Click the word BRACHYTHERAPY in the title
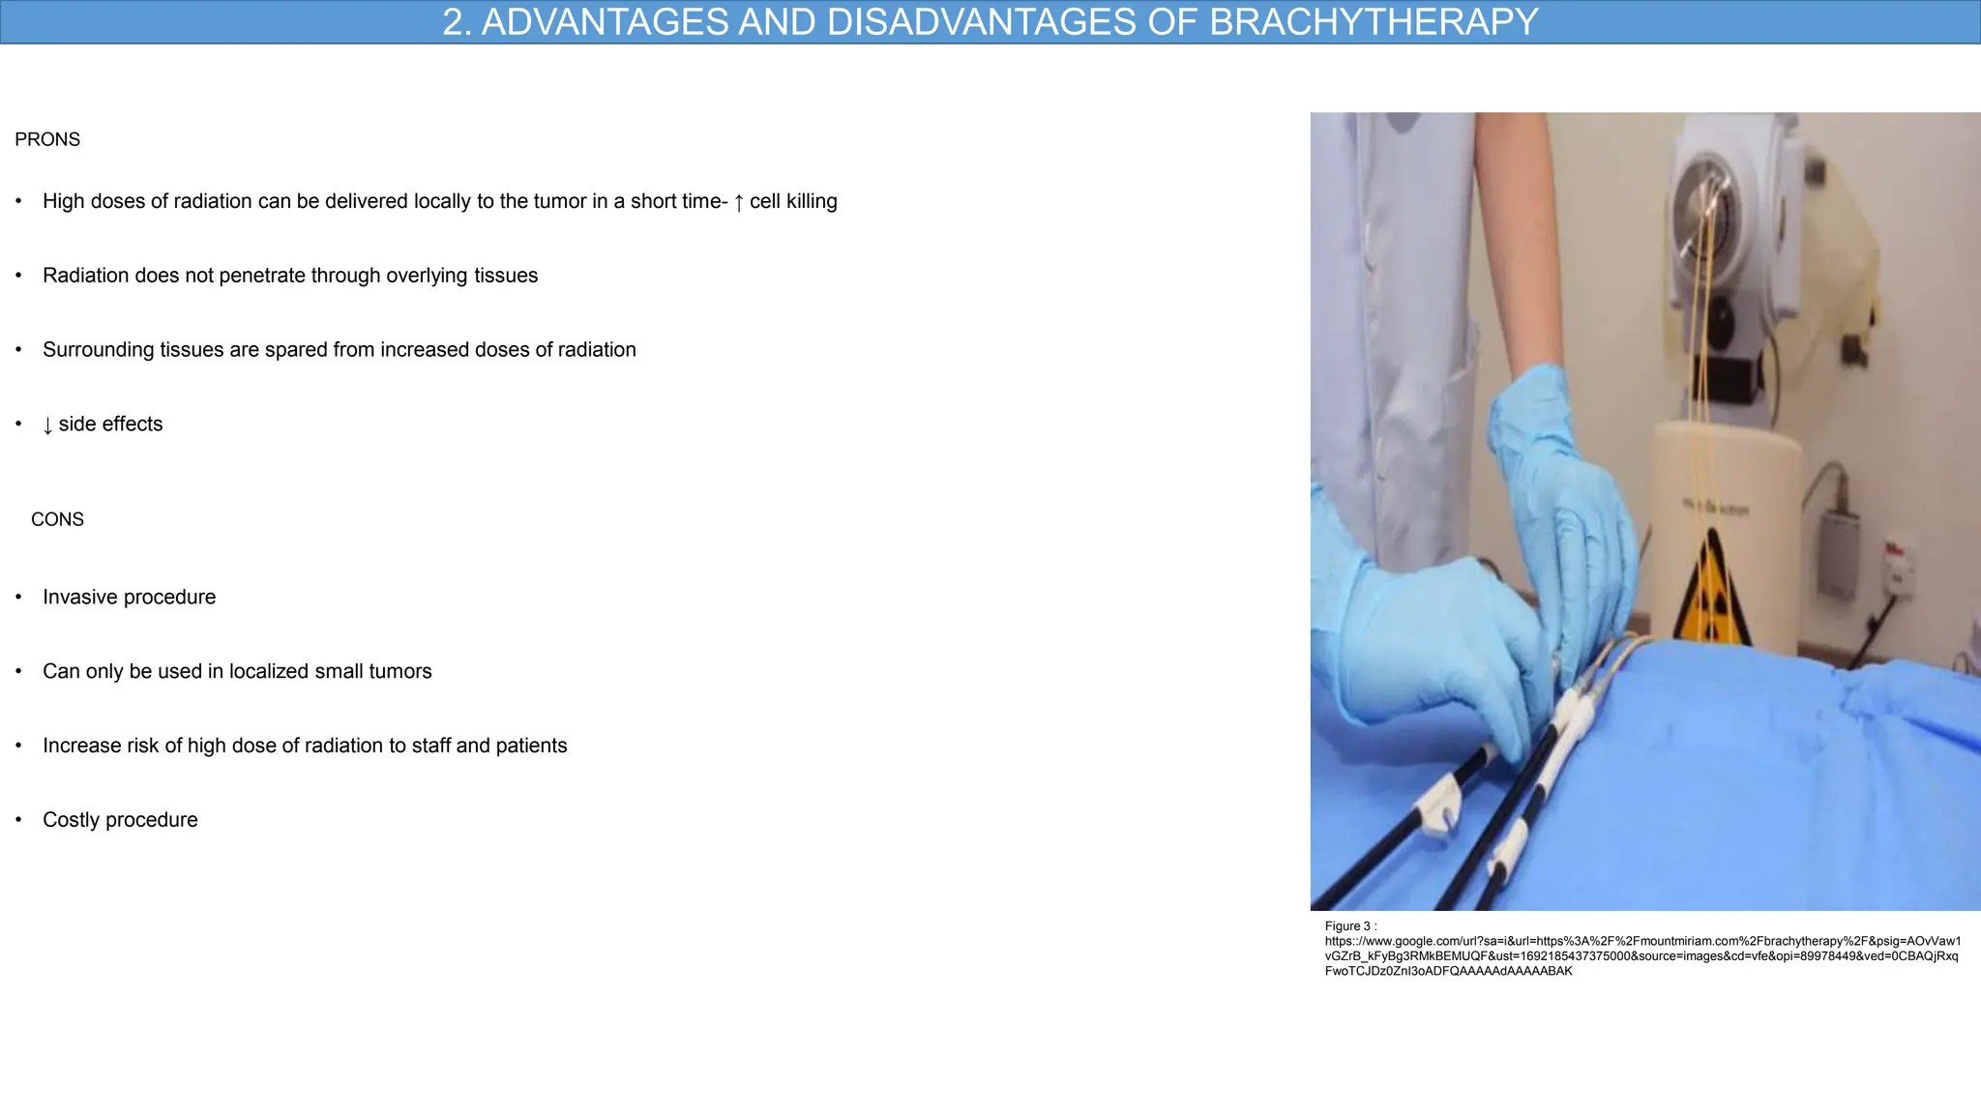(x=1374, y=22)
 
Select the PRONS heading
(x=47, y=139)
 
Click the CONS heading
(x=57, y=519)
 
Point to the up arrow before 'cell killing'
(x=739, y=202)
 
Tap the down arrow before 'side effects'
(x=47, y=425)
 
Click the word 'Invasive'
(x=80, y=598)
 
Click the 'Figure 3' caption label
(x=1347, y=926)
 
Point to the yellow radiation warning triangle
(x=1711, y=590)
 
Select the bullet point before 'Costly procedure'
(x=18, y=820)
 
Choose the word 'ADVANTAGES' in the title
(x=606, y=22)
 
